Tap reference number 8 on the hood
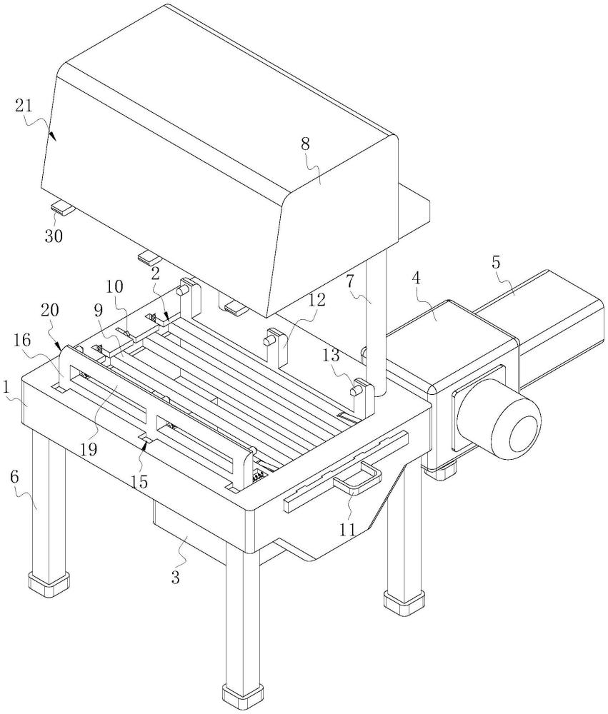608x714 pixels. tap(305, 144)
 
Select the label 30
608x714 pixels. tap(53, 236)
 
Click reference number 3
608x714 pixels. tap(175, 577)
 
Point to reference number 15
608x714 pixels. tap(139, 482)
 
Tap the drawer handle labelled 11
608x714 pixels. tap(357, 477)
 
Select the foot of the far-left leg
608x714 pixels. tap(49, 583)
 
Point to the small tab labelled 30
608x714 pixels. tap(64, 208)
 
